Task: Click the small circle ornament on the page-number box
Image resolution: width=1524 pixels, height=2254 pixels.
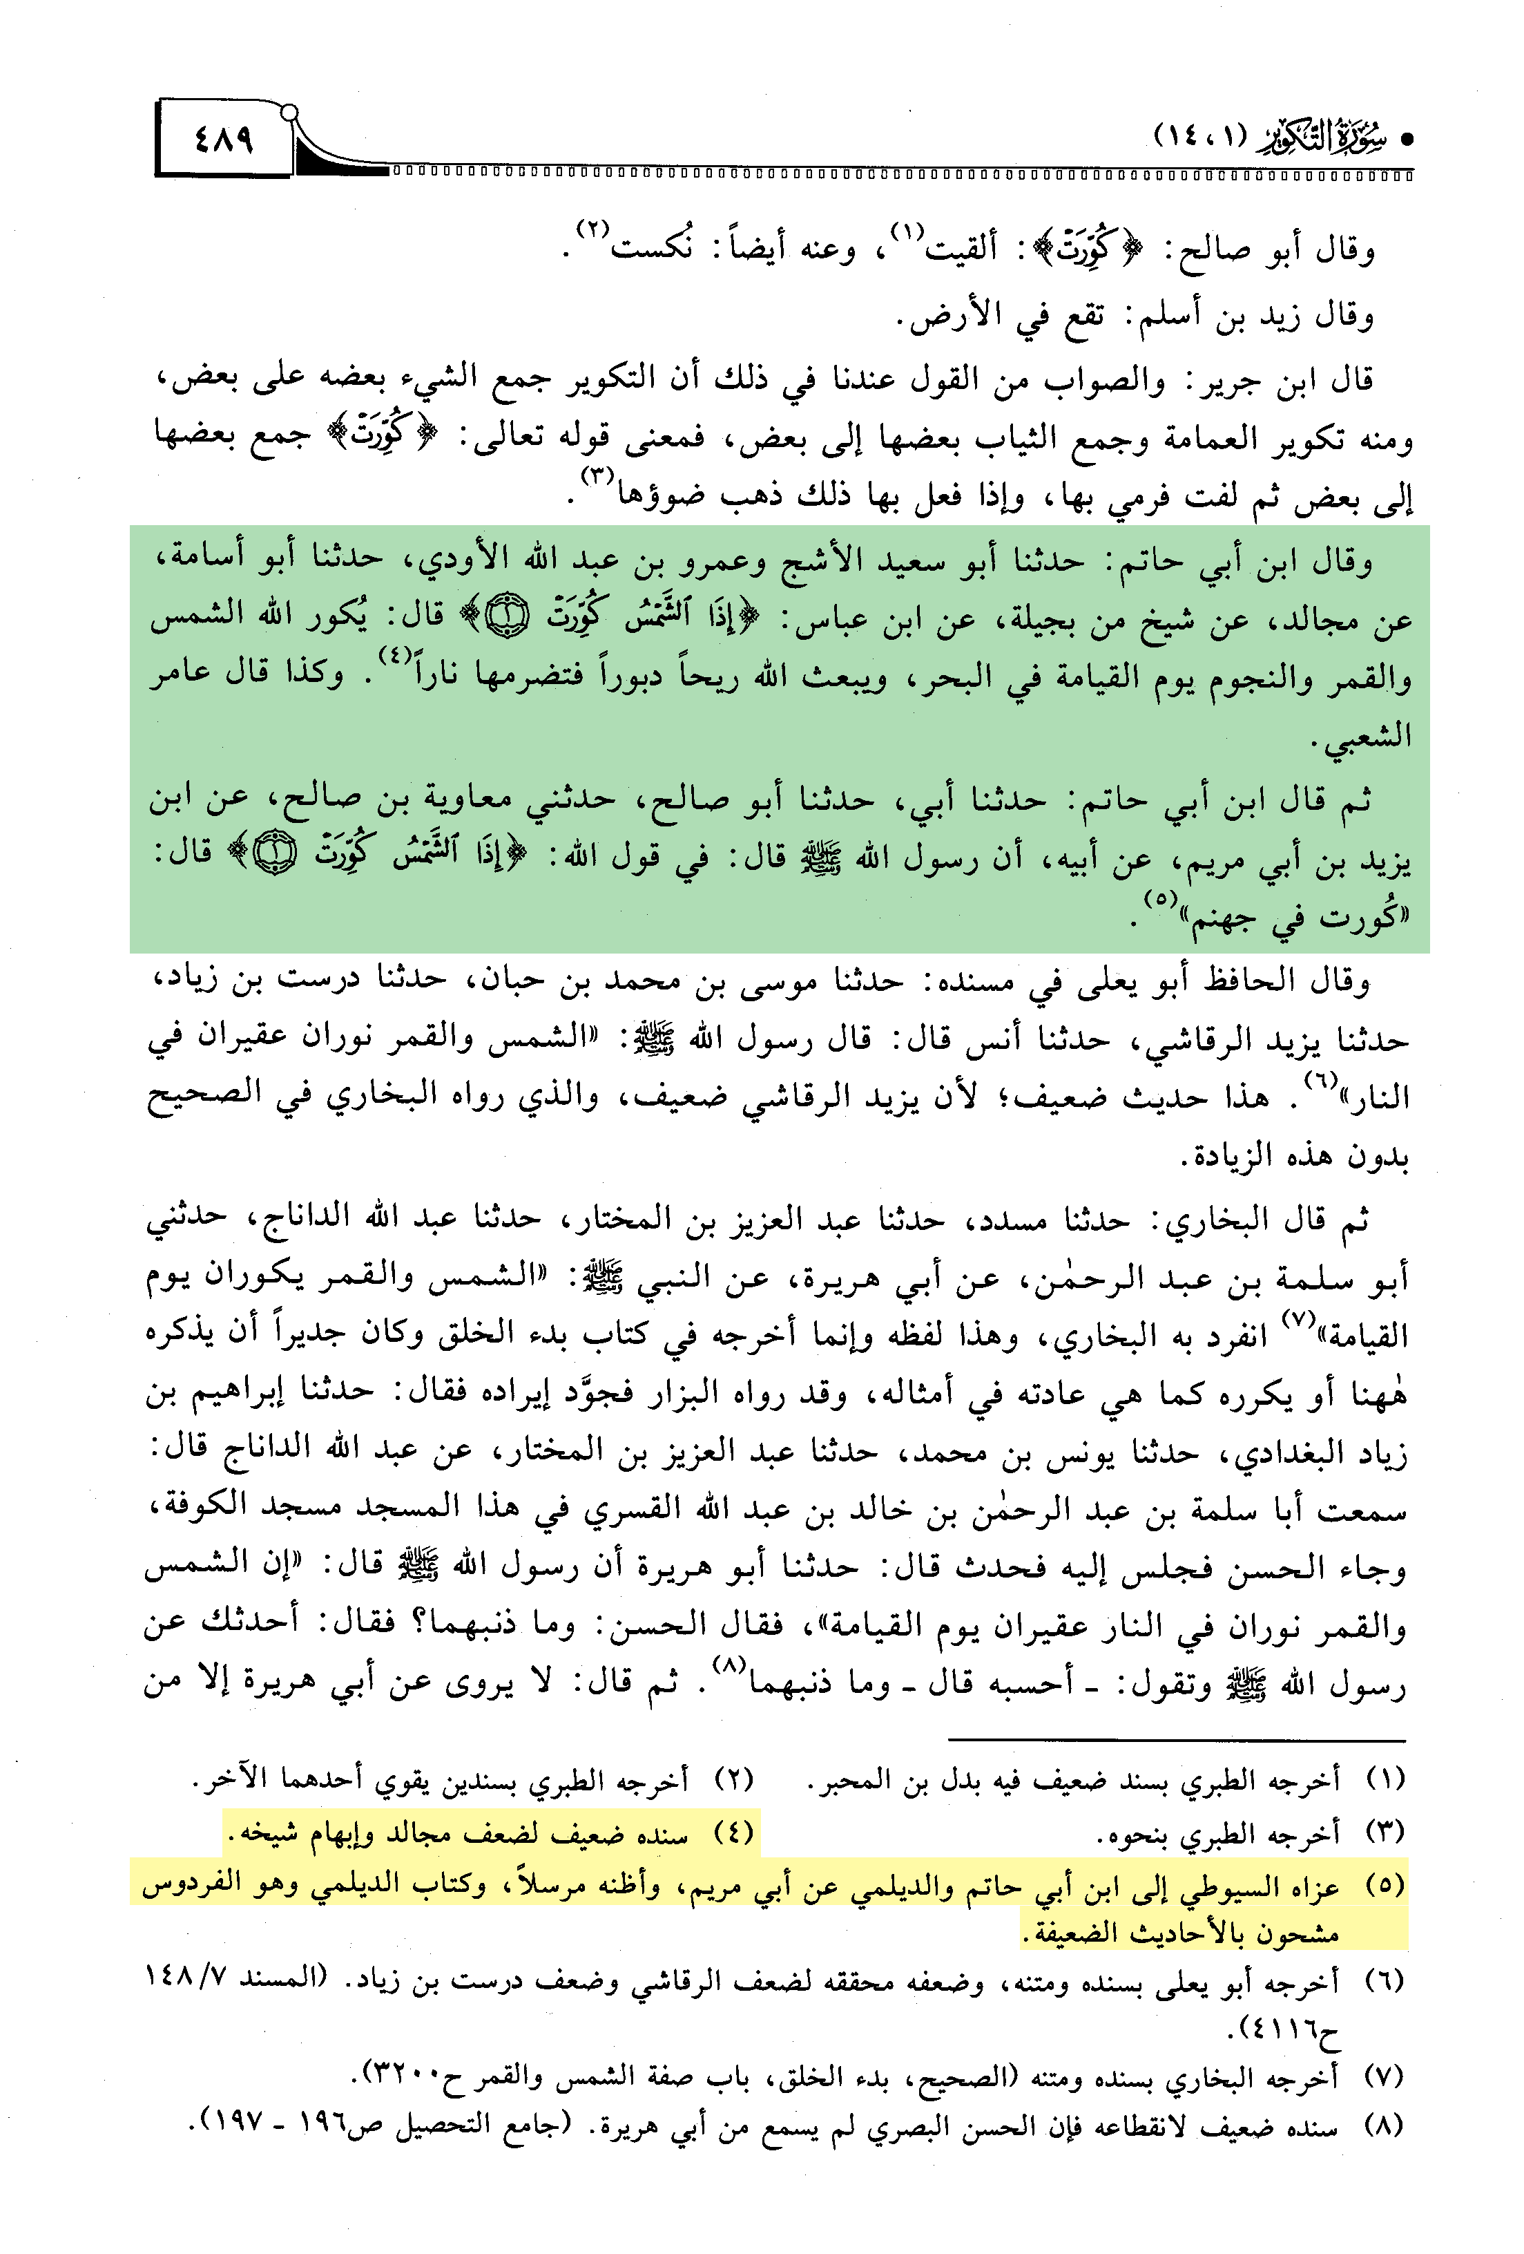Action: coord(288,113)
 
